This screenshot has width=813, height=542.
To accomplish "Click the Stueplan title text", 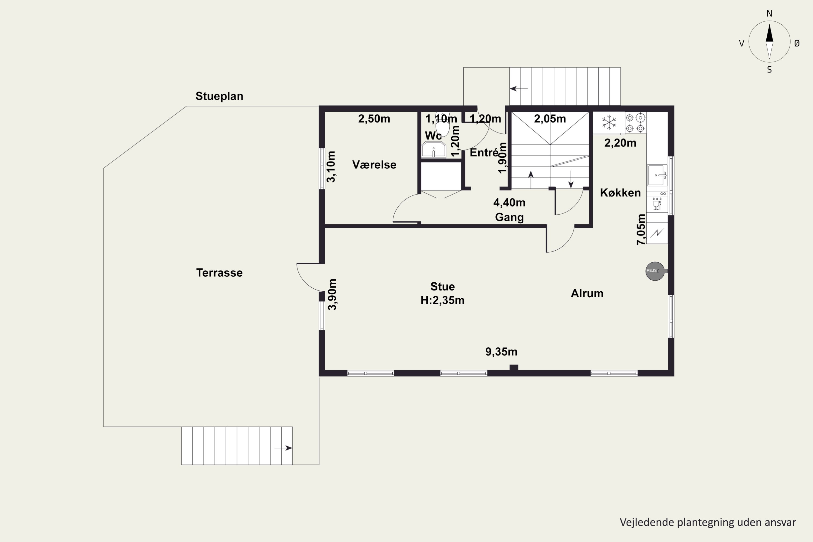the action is [x=219, y=96].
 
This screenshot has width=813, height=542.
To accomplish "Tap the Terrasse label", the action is [x=219, y=273].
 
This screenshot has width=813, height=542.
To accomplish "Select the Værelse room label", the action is [x=374, y=164].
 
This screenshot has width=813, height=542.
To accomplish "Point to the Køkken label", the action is [x=620, y=192].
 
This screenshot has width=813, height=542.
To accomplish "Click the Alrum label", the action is [x=587, y=293].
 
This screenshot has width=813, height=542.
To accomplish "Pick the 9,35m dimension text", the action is [x=501, y=352].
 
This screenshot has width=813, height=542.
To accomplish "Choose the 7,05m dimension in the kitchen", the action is [x=641, y=230].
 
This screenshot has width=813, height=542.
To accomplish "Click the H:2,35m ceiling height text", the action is [x=443, y=300].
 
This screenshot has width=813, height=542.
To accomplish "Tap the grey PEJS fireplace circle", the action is [x=655, y=271].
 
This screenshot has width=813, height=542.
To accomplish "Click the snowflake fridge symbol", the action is [x=609, y=123].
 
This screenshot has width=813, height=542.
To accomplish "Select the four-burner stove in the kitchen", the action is [x=635, y=123].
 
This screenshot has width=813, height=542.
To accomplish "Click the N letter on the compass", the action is [x=769, y=14].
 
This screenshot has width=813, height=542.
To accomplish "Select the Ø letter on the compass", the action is [x=797, y=43].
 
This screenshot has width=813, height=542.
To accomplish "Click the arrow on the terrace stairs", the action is [x=283, y=448].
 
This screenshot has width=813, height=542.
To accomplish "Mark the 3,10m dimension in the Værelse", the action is [x=331, y=167].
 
